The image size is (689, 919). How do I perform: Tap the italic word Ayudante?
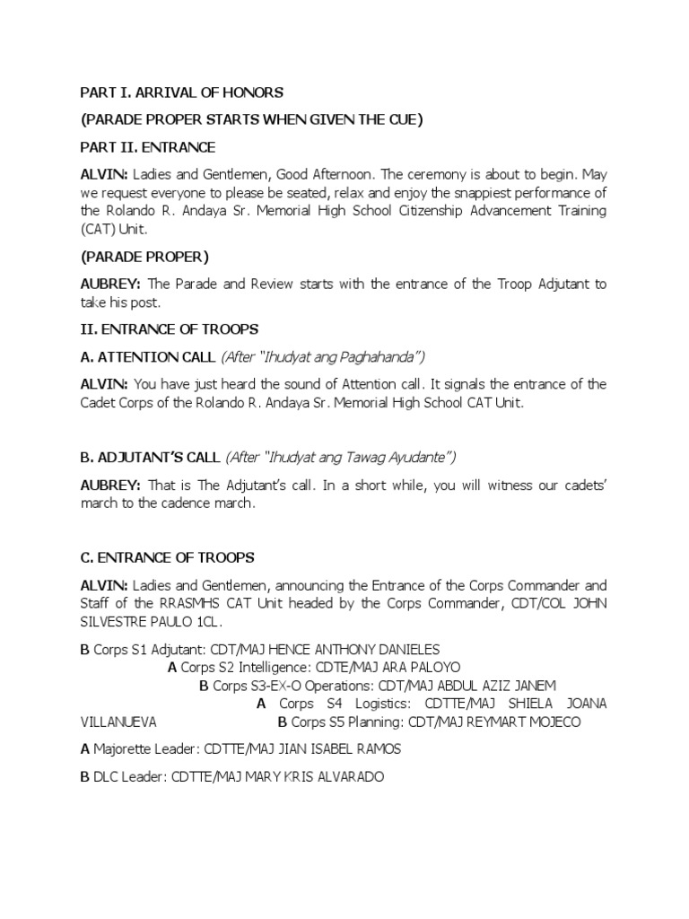click(x=415, y=458)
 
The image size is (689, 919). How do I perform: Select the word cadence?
click(x=175, y=503)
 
